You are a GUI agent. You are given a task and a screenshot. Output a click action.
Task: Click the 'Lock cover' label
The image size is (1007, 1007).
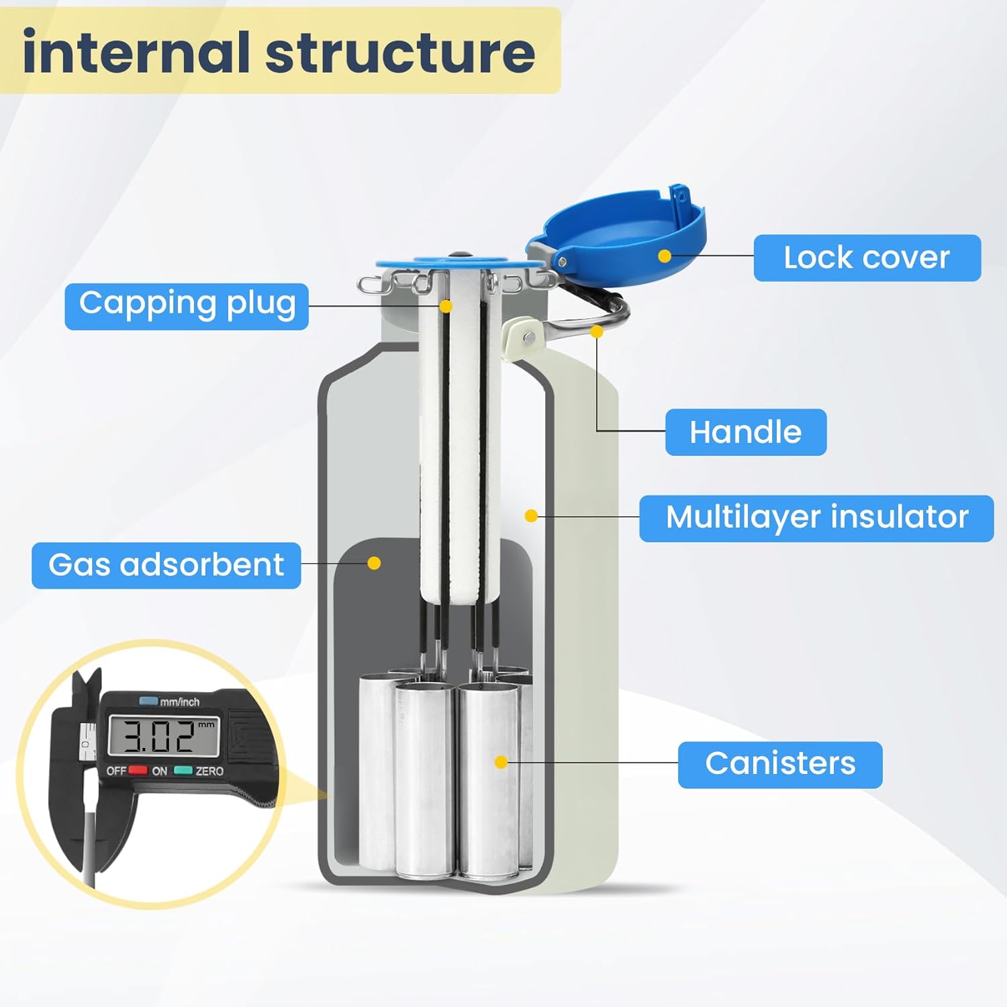867,258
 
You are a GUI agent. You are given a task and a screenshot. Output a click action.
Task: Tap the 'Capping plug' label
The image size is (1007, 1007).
187,306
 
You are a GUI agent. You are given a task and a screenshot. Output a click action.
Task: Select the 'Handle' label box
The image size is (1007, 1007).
745,432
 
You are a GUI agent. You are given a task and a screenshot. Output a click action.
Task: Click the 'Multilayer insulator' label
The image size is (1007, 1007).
816,518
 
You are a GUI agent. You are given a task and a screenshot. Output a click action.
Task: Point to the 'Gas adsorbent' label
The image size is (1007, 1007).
166,565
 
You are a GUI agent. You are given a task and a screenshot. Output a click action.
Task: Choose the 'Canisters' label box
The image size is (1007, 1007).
780,765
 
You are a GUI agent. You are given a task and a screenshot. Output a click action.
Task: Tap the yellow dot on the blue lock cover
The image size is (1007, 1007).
665,256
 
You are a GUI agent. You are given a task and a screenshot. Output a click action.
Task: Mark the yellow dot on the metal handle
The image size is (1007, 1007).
596,332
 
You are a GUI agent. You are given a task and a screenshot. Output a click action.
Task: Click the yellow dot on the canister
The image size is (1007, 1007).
501,762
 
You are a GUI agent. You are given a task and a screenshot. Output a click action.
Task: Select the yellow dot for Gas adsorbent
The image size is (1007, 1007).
375,563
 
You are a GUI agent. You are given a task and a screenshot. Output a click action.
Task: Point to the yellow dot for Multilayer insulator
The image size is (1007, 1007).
531,516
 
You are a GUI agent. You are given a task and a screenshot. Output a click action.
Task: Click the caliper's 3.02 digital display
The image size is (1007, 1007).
164,736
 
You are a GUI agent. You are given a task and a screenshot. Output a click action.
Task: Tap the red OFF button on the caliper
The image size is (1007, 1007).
138,770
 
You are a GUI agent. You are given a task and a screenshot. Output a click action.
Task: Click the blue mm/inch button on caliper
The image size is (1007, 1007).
148,702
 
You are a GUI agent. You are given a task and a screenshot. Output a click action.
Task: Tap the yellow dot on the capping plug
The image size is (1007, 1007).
446,306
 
